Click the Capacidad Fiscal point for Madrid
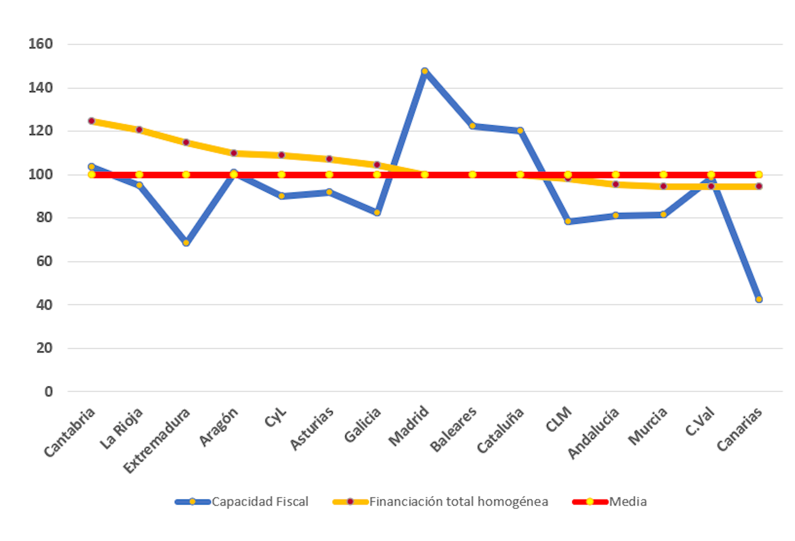pyautogui.click(x=424, y=71)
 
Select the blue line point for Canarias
pyautogui.click(x=759, y=299)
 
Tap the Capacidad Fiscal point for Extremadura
pyautogui.click(x=186, y=243)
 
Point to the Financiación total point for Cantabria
pyautogui.click(x=92, y=121)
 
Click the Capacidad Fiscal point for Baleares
pyautogui.click(x=472, y=126)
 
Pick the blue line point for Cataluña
pyautogui.click(x=520, y=131)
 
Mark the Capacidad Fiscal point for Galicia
pyautogui.click(x=377, y=213)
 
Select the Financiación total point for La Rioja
pyautogui.click(x=139, y=130)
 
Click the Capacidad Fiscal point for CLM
pyautogui.click(x=568, y=222)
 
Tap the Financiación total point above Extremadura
pyautogui.click(x=186, y=142)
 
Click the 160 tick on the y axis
pyautogui.click(x=41, y=44)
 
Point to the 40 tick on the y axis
pyautogui.click(x=44, y=305)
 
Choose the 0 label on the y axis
pyautogui.click(x=48, y=392)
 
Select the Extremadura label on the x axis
pyautogui.click(x=157, y=440)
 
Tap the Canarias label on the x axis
pyautogui.click(x=740, y=429)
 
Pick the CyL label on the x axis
pyautogui.click(x=275, y=417)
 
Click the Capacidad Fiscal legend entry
pyautogui.click(x=259, y=502)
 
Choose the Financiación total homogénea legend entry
pyautogui.click(x=458, y=502)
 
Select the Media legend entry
pyautogui.click(x=627, y=502)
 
